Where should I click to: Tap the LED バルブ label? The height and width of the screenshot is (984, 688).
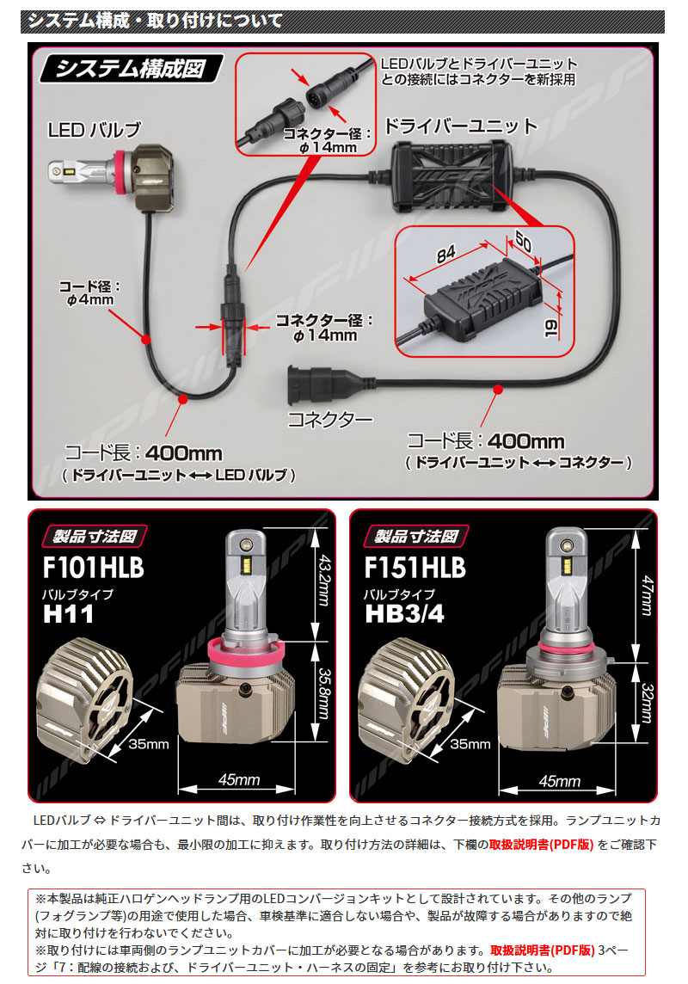pos(94,131)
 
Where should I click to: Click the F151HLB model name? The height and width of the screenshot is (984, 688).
pos(415,569)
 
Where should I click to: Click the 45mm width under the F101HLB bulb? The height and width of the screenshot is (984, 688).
pos(238,781)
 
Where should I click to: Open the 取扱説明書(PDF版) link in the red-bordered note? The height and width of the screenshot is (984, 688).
pos(542,950)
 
